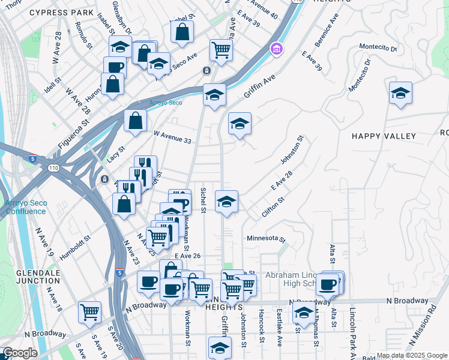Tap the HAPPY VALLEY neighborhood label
(384, 136)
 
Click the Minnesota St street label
(267, 238)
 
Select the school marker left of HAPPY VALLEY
(240, 124)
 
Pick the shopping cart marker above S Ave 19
(89, 311)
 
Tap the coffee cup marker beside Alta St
(327, 284)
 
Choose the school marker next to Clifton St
(226, 202)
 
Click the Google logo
(20, 353)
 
